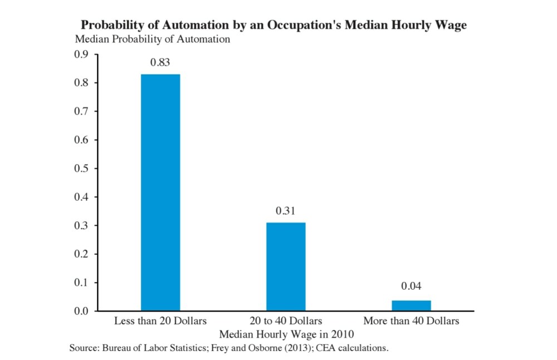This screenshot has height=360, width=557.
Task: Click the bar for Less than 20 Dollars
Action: click(x=160, y=192)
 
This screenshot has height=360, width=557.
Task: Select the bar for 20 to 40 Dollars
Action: click(x=286, y=266)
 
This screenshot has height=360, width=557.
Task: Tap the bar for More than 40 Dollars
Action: click(x=411, y=305)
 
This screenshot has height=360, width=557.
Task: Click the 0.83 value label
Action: click(x=160, y=62)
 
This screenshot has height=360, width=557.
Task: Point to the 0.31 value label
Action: click(x=286, y=211)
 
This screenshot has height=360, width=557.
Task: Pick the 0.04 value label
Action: click(x=411, y=286)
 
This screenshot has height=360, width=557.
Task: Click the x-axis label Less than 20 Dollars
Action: click(x=160, y=322)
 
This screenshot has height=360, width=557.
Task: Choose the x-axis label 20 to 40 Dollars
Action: click(x=286, y=322)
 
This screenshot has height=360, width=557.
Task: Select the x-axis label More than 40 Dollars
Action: click(x=411, y=322)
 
